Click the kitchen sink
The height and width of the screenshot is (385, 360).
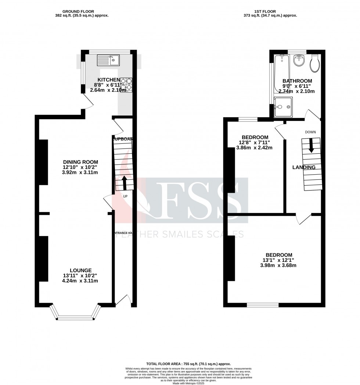pyautogui.click(x=107, y=59)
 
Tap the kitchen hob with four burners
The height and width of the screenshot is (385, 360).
pyautogui.click(x=126, y=85)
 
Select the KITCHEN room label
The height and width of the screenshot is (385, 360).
pyautogui.click(x=108, y=80)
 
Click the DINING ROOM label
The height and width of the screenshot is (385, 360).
pyautogui.click(x=80, y=162)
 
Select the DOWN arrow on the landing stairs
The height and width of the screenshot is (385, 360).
pyautogui.click(x=311, y=145)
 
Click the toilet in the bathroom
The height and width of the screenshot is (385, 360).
pyautogui.click(x=315, y=64)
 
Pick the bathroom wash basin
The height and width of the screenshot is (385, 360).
pyautogui.click(x=299, y=60)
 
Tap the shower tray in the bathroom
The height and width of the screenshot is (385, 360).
pyautogui.click(x=283, y=107)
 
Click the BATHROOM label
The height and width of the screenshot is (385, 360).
pyautogui.click(x=297, y=81)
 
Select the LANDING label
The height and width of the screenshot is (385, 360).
pyautogui.click(x=304, y=167)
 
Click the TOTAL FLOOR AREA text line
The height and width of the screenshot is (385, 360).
pyautogui.click(x=188, y=364)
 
